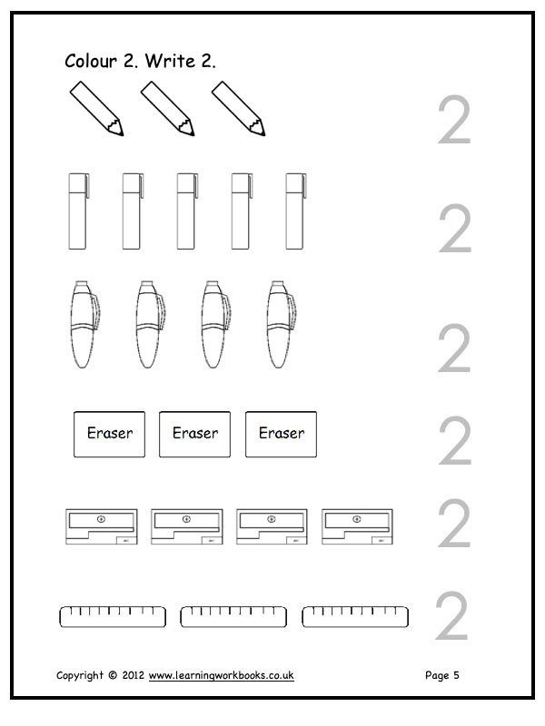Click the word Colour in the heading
point(91,61)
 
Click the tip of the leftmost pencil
point(122,134)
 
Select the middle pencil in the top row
point(168,109)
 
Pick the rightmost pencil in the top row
point(239,109)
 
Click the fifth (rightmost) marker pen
point(296,211)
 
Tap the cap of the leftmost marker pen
point(78,182)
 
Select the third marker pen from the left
point(187,211)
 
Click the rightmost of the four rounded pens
point(281,324)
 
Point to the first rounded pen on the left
point(85,324)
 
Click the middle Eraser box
point(194,435)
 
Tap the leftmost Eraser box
point(109,435)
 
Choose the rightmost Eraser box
point(281,435)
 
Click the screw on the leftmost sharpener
point(101,519)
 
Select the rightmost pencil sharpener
point(357,526)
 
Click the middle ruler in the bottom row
point(233,617)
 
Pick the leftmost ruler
point(113,617)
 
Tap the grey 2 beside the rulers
point(451,616)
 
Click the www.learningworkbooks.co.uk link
point(221,675)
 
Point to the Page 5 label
point(442,675)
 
